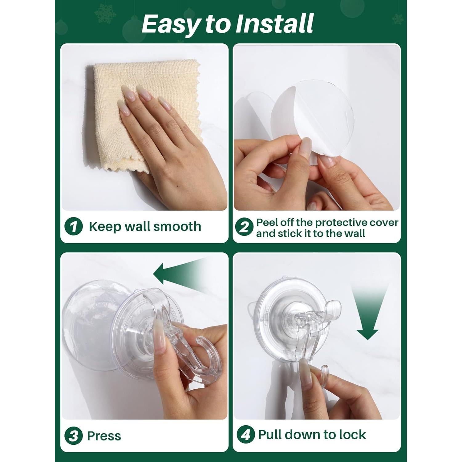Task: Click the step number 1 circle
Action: click(x=74, y=226)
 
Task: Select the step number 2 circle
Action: click(x=244, y=227)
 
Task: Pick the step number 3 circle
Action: click(x=74, y=436)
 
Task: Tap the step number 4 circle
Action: click(x=246, y=435)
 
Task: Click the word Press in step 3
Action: click(x=104, y=436)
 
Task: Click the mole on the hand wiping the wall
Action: click(x=179, y=186)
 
